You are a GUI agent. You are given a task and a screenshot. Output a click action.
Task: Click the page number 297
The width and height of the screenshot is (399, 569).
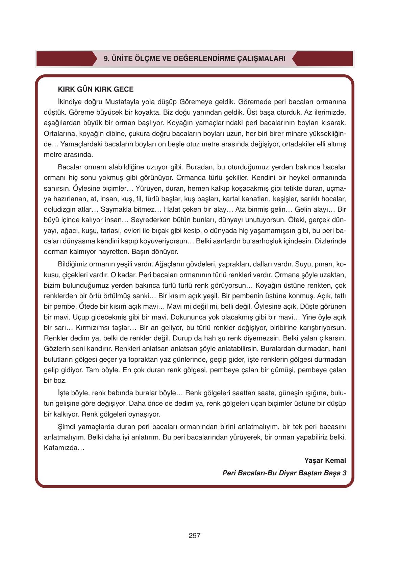(195, 536)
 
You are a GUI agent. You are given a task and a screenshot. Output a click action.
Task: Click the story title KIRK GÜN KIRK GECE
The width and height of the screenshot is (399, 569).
(96, 89)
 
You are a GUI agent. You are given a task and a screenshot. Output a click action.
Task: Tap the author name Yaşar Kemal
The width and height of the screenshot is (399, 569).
(325, 460)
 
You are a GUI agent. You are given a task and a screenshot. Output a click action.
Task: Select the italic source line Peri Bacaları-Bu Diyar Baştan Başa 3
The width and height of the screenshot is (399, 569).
(284, 473)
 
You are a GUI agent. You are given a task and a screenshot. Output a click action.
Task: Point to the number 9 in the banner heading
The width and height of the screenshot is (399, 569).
(105, 58)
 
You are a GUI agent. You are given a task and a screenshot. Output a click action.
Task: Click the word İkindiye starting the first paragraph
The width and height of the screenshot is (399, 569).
(70, 102)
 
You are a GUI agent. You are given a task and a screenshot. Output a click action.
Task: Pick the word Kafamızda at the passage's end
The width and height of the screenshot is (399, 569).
(64, 448)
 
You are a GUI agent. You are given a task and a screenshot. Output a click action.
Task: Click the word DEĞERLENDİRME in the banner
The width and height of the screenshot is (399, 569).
(203, 58)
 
